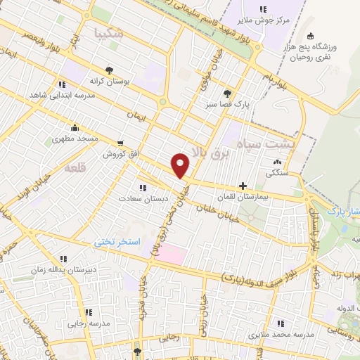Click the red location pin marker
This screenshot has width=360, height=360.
click(181, 165)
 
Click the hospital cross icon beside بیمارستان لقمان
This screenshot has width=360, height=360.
click(243, 186)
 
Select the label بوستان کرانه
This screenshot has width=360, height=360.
click(110, 82)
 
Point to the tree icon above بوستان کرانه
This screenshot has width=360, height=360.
click(109, 70)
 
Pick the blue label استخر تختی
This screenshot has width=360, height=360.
click(119, 241)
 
